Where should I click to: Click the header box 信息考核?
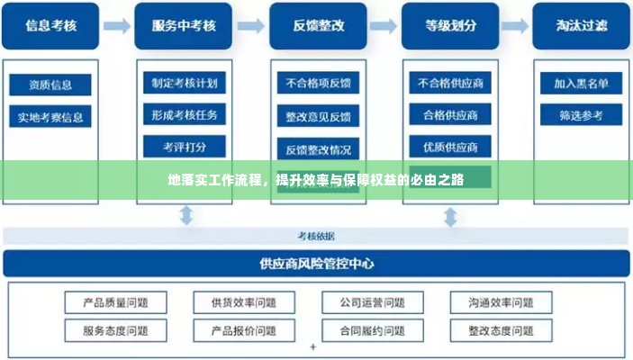pyautogui.click(x=50, y=26)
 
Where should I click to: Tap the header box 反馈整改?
pyautogui.click(x=318, y=26)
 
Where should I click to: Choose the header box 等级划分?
pyautogui.click(x=449, y=26)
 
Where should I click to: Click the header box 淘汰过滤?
pyautogui.click(x=580, y=26)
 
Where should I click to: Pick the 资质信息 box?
pyautogui.click(x=50, y=85)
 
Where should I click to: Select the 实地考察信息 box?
pyautogui.click(x=50, y=117)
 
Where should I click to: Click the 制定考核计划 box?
pyautogui.click(x=184, y=83)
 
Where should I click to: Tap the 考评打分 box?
pyautogui.click(x=184, y=146)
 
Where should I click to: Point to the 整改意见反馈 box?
pyautogui.click(x=318, y=116)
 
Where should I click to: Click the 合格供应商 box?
pyautogui.click(x=449, y=115)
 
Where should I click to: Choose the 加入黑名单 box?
pyautogui.click(x=580, y=84)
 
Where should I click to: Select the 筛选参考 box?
pyautogui.click(x=580, y=115)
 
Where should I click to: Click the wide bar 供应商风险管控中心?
pyautogui.click(x=316, y=264)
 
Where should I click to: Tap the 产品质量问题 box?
pyautogui.click(x=115, y=302)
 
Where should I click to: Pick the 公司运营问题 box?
pyautogui.click(x=372, y=302)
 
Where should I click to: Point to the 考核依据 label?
pyautogui.click(x=316, y=236)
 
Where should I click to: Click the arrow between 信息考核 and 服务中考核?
pyautogui.click(x=116, y=26)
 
